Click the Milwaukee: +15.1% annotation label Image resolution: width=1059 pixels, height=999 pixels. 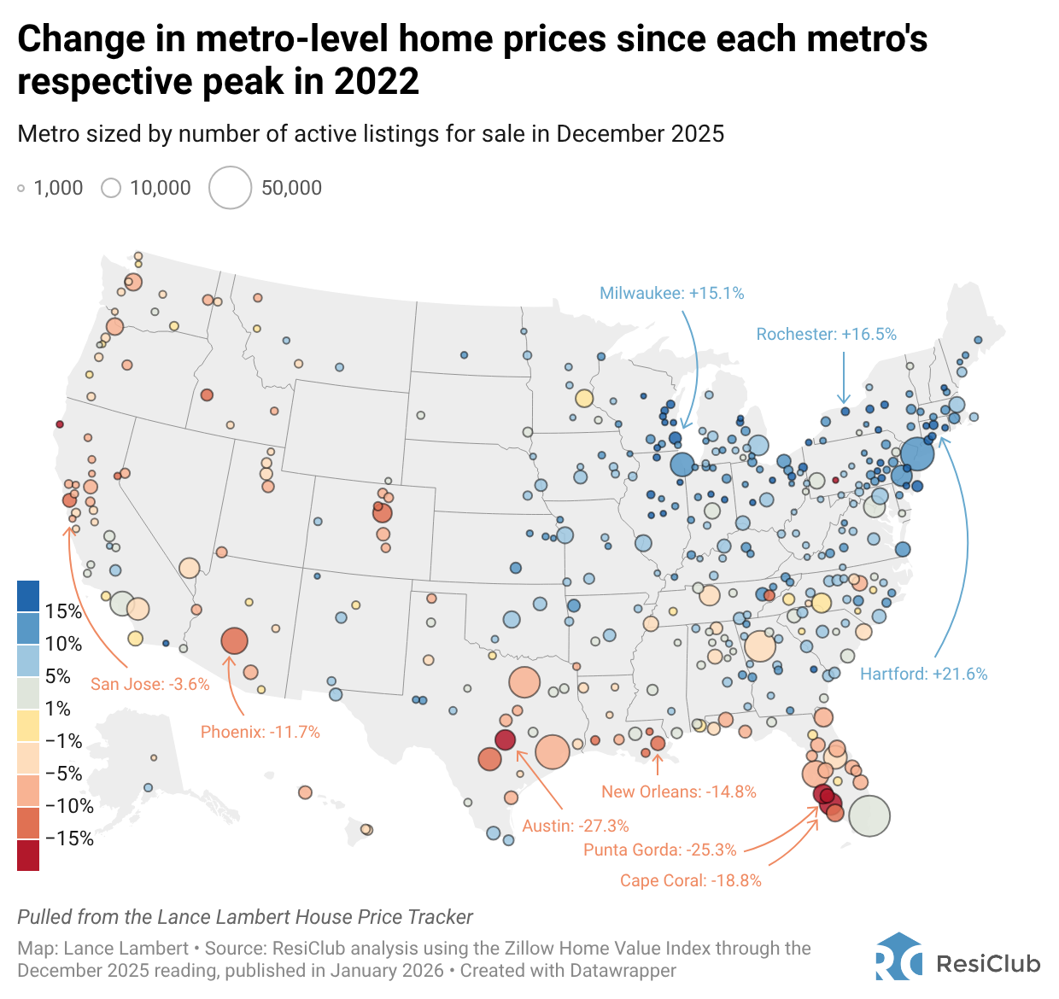point(671,293)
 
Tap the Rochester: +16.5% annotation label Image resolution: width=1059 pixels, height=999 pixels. point(826,334)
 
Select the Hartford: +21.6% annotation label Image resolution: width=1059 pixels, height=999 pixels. point(923,674)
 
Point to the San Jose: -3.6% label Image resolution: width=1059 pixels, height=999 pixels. point(149,684)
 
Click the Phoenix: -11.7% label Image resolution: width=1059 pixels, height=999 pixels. point(260,732)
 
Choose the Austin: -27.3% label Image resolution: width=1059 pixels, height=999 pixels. point(575,826)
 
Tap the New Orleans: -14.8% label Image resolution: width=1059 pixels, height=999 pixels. point(678,792)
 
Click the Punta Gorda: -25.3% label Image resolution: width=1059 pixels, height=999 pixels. point(659,850)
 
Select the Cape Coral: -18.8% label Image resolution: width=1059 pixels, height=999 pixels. point(690,880)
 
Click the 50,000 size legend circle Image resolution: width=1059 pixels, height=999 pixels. point(231,188)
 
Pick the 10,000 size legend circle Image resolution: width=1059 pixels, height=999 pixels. point(111,188)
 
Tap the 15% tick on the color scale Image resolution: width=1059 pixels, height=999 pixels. point(63,611)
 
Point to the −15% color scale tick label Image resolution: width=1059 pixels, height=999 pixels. point(68,838)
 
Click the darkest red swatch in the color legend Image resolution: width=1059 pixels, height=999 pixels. point(28,855)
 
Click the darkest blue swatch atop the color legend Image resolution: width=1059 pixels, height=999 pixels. point(28,596)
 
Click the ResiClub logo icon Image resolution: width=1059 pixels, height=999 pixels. point(898,956)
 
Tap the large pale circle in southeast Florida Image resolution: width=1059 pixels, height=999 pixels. point(869,815)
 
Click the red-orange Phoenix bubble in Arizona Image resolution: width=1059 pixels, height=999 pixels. point(234,640)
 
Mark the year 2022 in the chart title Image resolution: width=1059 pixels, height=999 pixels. point(377,82)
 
